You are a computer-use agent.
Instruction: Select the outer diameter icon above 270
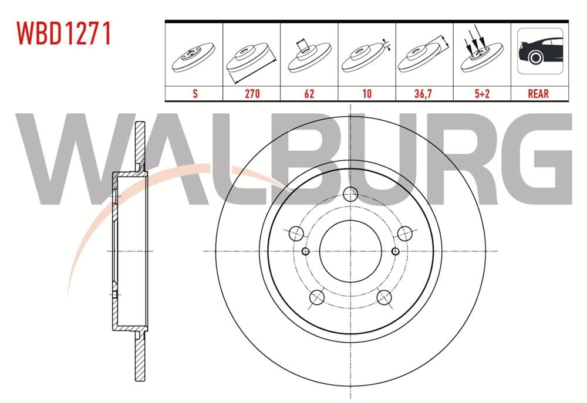coord(251,59)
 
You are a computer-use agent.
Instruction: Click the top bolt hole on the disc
coord(350,194)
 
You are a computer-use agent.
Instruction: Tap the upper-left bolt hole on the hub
coord(297,233)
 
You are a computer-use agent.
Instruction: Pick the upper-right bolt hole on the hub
coord(404,233)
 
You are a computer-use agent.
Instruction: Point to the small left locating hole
coord(305,251)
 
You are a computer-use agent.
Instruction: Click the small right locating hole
coord(396,251)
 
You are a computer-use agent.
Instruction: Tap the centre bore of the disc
coord(350,251)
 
